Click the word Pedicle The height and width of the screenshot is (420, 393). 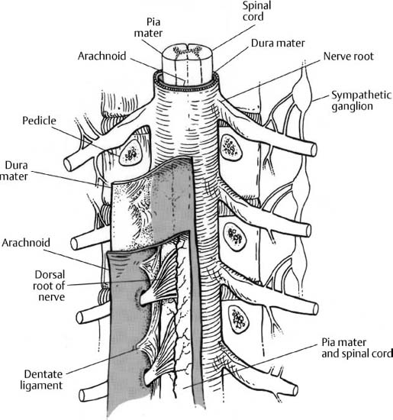39,121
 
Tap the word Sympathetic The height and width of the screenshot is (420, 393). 361,95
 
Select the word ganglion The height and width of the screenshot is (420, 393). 352,106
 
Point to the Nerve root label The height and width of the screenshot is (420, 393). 348,57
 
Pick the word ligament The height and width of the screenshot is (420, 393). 41,386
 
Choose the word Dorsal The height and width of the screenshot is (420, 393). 50,275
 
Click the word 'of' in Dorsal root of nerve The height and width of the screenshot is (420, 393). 60,286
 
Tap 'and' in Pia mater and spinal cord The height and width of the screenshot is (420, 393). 330,354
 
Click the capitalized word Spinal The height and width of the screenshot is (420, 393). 256,6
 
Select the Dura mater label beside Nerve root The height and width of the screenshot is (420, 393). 278,43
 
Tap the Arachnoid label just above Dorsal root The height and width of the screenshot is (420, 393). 26,243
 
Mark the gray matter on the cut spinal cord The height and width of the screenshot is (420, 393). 187,50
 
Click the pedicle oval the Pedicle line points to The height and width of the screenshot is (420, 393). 130,153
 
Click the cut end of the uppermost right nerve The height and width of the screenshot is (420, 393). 314,150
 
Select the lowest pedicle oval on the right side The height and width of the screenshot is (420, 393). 238,319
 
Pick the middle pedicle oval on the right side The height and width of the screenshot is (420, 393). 235,237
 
